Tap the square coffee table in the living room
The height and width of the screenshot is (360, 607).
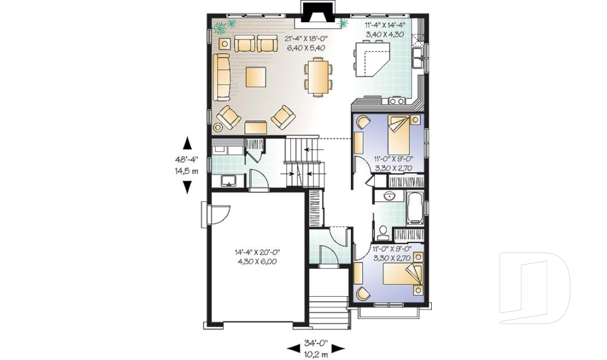255,77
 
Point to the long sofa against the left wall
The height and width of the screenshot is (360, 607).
221,77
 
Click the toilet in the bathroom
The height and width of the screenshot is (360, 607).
383,230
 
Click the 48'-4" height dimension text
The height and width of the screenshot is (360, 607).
187,161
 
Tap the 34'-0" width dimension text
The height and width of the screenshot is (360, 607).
317,342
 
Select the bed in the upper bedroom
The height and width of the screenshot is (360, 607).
400,132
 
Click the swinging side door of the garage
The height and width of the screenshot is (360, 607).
214,213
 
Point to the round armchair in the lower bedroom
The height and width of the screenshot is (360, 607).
363,292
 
